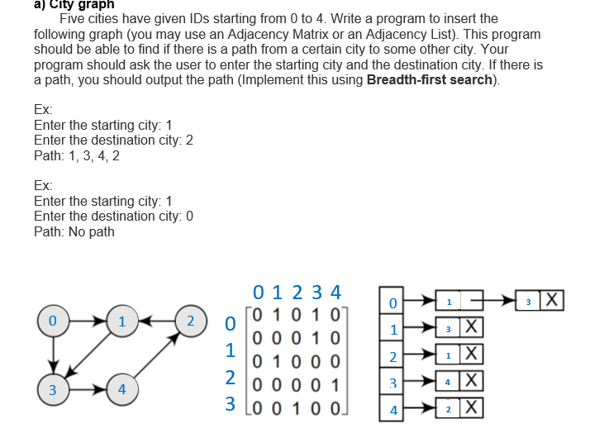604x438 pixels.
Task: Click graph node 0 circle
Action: click(53, 321)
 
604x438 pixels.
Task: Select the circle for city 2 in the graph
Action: click(192, 321)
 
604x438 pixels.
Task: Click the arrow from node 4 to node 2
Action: click(157, 355)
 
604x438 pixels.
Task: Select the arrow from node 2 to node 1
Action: click(157, 321)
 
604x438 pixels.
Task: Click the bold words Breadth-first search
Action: click(431, 80)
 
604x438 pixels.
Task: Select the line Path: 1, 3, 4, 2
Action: click(77, 155)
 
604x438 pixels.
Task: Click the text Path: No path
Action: click(74, 231)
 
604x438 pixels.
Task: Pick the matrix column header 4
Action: click(335, 292)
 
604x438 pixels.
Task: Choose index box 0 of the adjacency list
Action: click(393, 303)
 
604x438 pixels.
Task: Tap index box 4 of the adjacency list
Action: click(393, 411)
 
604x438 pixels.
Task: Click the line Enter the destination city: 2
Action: click(113, 140)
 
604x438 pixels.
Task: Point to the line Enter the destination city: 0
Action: click(113, 217)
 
